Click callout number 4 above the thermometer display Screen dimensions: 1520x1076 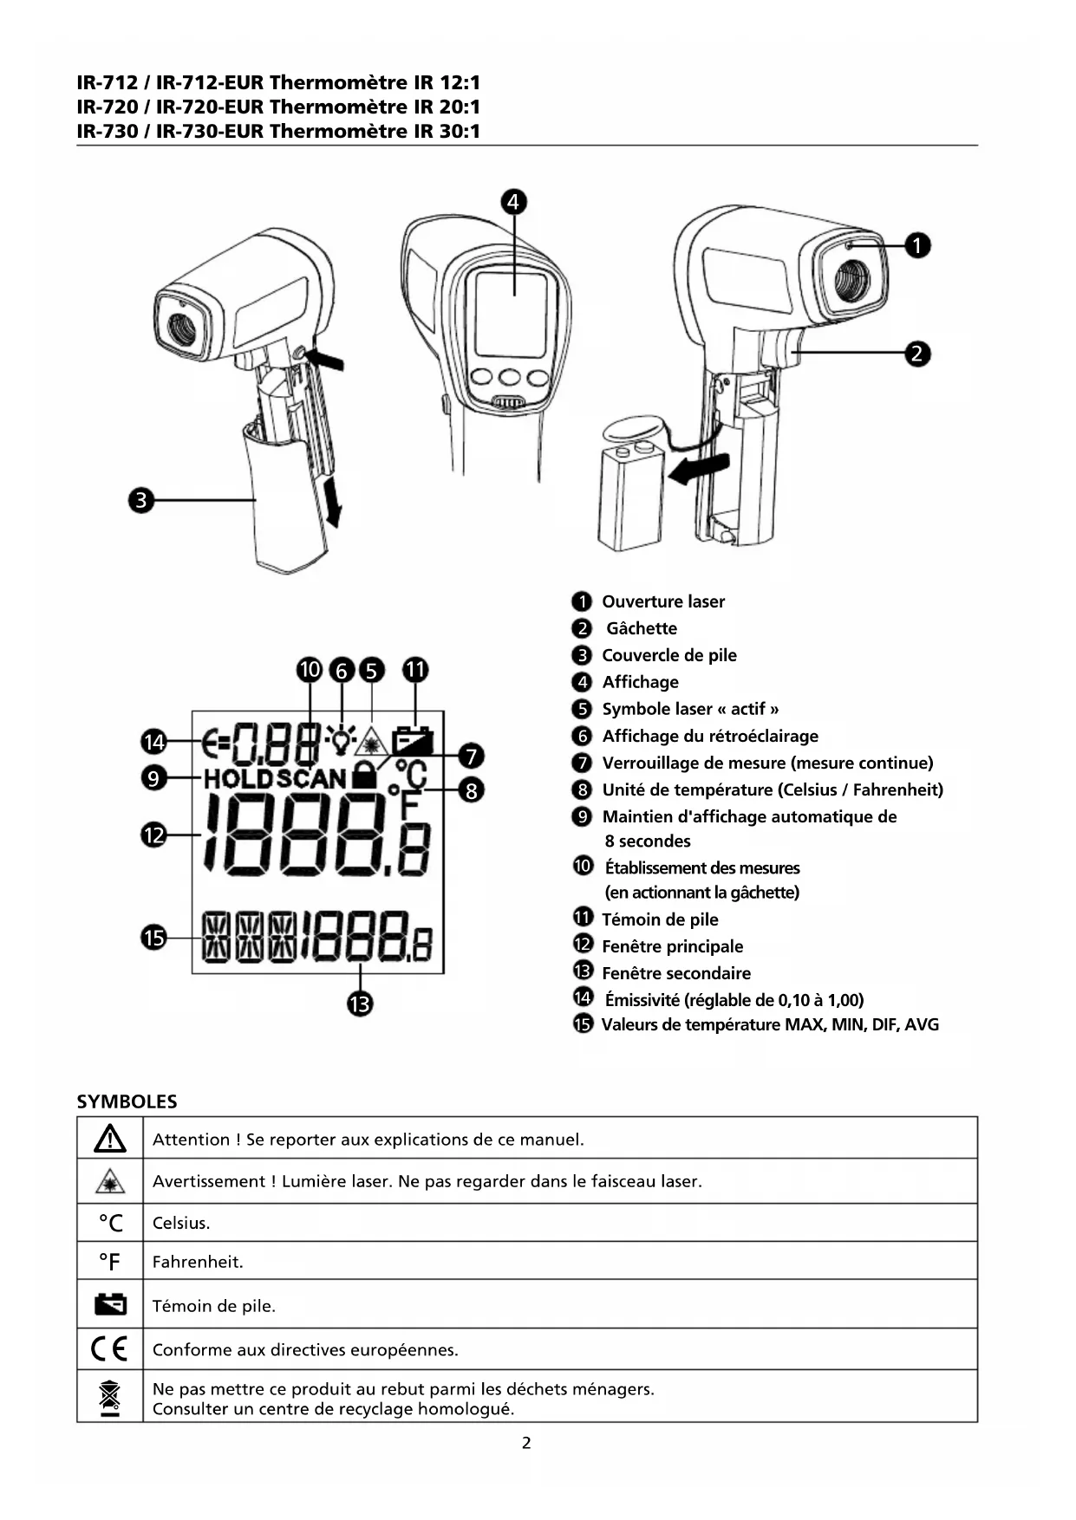pos(513,202)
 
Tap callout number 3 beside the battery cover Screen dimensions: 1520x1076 pos(140,500)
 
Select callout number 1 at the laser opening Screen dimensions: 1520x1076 pos(917,245)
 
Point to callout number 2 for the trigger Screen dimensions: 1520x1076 pos(917,354)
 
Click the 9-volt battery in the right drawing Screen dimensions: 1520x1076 pos(630,496)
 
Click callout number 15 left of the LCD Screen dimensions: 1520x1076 pos(153,938)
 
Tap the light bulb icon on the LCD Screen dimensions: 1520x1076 pos(341,739)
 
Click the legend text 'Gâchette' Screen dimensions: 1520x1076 pos(641,628)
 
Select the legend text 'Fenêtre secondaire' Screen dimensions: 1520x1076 pos(676,973)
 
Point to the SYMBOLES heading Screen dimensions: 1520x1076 pos(127,1101)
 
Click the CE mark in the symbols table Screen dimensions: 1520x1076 pos(109,1348)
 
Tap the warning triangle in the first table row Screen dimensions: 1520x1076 pos(110,1139)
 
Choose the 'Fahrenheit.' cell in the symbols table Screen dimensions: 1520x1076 pos(198,1262)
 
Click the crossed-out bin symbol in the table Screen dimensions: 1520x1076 pos(110,1396)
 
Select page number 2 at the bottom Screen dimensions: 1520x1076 pos(526,1443)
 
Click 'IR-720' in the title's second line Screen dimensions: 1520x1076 pos(108,107)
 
